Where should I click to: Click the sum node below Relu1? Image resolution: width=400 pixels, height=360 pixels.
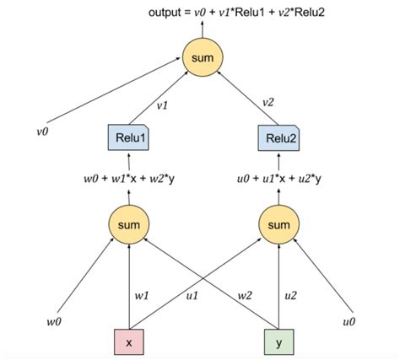pos(128,223)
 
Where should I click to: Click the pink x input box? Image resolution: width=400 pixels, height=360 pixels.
pos(128,343)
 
